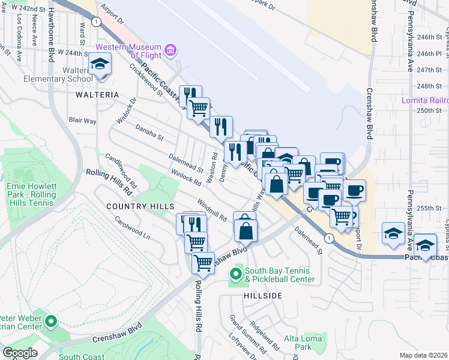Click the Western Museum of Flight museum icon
click(171, 49)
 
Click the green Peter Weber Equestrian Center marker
click(51, 322)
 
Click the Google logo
click(20, 352)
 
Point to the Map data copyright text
click(424, 355)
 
